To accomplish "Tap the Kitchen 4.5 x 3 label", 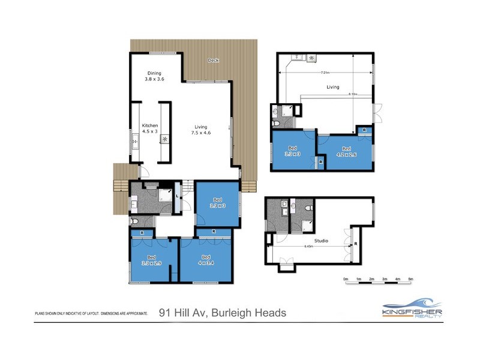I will [x=149, y=128].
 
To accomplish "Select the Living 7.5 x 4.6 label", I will [x=201, y=130].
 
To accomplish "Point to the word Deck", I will [x=213, y=61].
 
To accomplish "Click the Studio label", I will [x=321, y=241].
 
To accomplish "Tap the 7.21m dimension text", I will [x=325, y=73].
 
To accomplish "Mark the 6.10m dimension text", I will [x=352, y=94].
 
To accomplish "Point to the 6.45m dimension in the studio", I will [x=308, y=246].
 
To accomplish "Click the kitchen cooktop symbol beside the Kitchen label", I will [x=164, y=139].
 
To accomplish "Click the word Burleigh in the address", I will [x=229, y=313].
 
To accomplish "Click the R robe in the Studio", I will [x=356, y=244].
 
